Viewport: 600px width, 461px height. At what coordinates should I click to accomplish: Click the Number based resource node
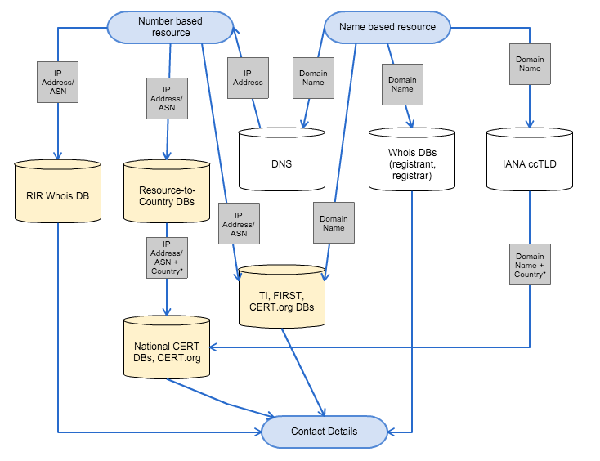point(171,27)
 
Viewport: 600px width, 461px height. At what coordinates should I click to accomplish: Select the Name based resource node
point(387,27)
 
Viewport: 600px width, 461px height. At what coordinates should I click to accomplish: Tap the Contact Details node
point(324,432)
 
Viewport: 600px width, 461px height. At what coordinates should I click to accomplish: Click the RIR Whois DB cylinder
point(58,194)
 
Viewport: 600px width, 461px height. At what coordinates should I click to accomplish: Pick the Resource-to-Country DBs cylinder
point(168,192)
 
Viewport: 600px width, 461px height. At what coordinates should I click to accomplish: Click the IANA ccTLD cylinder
point(530,163)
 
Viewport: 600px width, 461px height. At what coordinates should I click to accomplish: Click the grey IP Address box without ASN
point(248,78)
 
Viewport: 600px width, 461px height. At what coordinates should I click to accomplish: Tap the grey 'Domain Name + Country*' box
point(530,264)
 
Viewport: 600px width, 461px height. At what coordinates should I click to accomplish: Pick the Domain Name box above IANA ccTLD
point(530,63)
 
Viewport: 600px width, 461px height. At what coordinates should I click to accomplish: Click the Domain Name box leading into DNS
point(312,78)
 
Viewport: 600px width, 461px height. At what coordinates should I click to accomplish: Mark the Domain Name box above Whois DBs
point(402,83)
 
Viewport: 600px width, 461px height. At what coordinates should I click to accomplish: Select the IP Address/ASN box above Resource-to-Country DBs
point(167,97)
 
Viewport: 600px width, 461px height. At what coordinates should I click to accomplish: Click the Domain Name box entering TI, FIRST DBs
point(333,223)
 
